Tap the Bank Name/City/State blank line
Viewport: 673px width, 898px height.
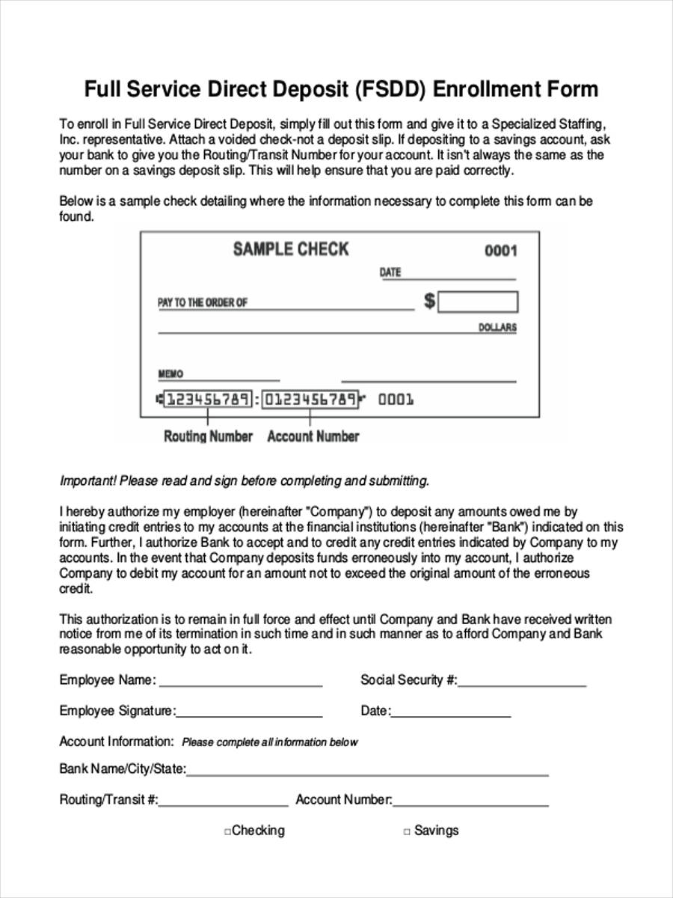coord(366,771)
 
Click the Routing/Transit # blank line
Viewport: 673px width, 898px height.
coord(223,801)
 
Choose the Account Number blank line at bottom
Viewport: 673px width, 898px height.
coord(470,801)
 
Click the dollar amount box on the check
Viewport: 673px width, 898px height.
coord(478,302)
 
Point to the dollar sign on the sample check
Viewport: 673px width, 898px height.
coord(429,302)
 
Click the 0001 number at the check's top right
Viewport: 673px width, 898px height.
coord(500,251)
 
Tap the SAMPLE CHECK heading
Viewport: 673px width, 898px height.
coord(291,249)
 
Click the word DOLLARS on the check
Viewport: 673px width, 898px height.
coord(497,328)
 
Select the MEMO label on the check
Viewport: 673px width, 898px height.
coord(170,373)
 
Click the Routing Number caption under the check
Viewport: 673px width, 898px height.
coord(208,436)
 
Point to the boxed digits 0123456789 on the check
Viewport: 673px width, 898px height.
coord(310,399)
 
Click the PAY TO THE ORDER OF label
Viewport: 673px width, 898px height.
coord(203,303)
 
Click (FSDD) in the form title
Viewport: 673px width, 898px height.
coord(390,90)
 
